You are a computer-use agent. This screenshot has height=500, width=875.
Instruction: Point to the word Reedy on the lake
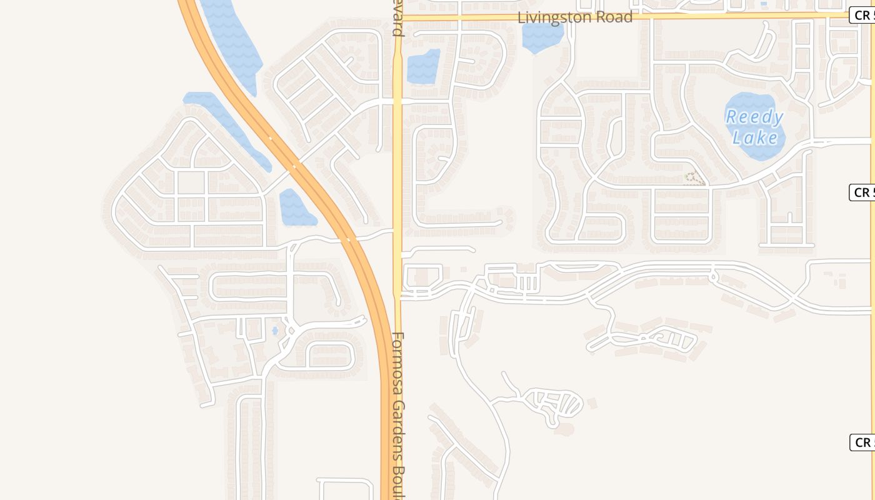tap(754, 117)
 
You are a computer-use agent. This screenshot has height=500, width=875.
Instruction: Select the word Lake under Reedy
tap(755, 137)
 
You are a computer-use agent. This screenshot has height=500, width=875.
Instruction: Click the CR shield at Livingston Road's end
tap(862, 15)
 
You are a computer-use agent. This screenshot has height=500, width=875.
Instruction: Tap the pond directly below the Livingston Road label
tap(541, 38)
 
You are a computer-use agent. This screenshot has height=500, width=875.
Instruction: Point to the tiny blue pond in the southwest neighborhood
tap(275, 331)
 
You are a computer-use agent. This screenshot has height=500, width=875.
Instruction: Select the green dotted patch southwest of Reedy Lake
tap(693, 179)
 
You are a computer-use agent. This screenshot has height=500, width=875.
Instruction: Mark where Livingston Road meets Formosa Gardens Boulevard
tap(397, 17)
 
